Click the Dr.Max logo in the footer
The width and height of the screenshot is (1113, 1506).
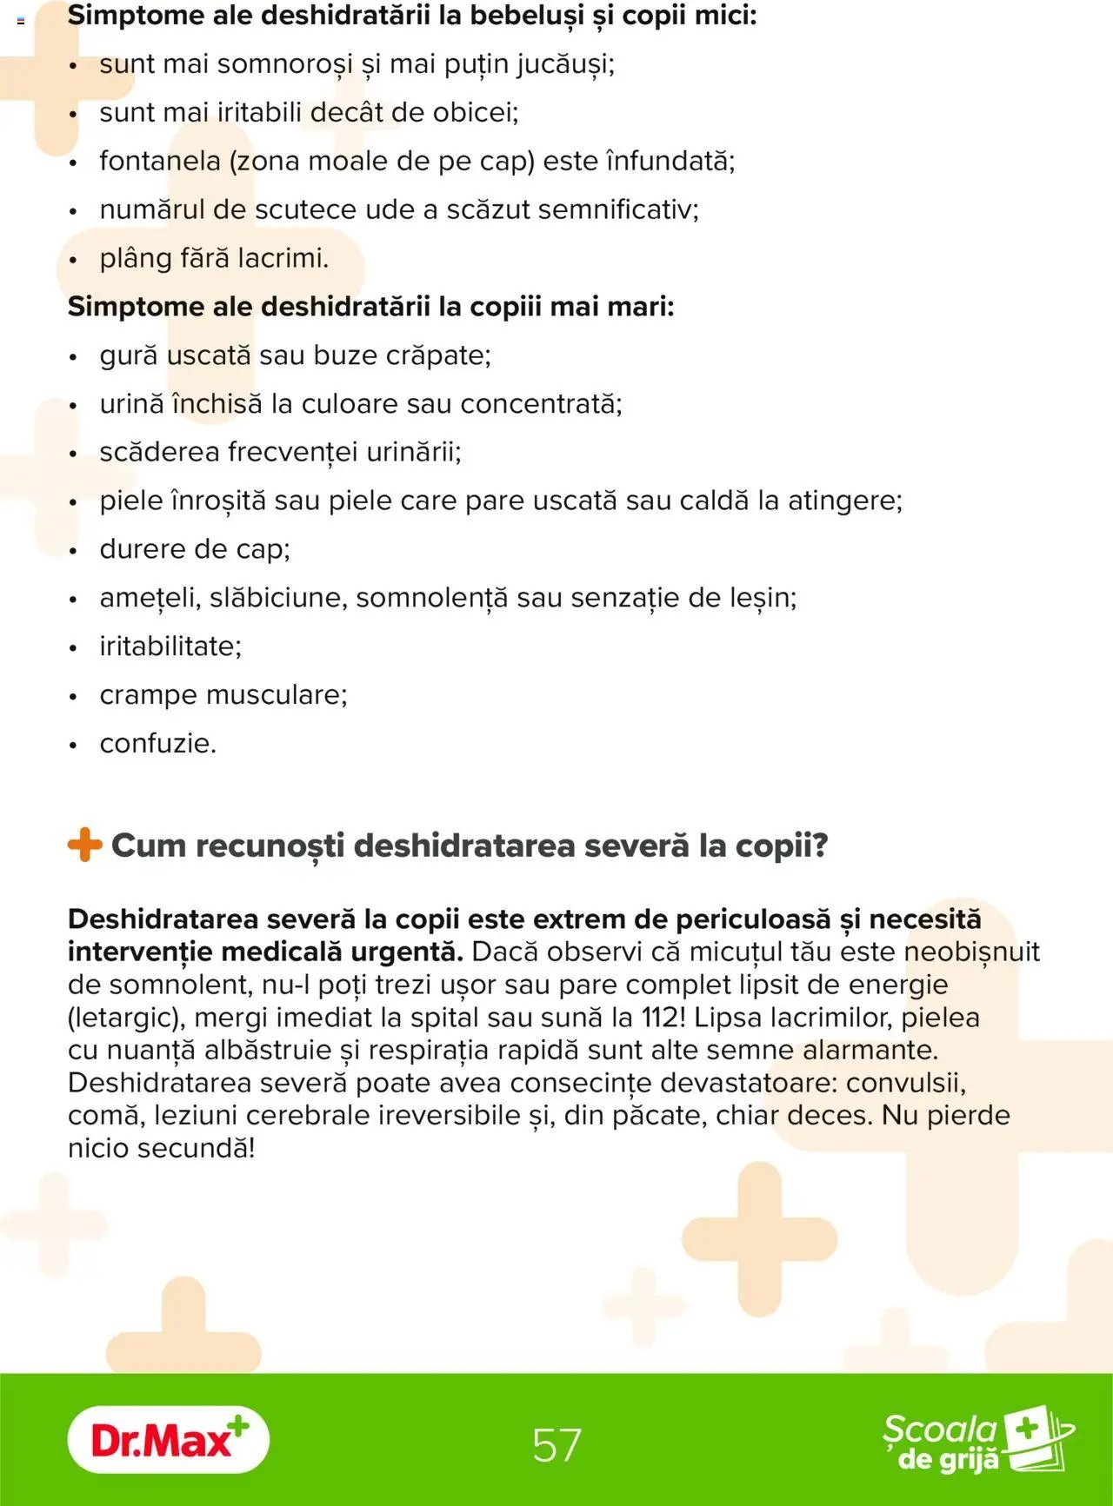click(168, 1439)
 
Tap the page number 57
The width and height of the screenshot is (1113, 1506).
click(556, 1444)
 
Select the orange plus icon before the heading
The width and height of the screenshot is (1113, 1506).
click(84, 845)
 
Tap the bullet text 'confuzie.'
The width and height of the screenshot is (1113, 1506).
click(157, 744)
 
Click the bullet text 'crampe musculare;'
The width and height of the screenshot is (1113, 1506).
click(223, 695)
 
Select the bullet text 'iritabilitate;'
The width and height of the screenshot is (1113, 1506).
click(170, 647)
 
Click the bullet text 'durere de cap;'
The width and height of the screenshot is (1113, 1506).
click(195, 549)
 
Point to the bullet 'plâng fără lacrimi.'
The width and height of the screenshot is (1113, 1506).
click(214, 259)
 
